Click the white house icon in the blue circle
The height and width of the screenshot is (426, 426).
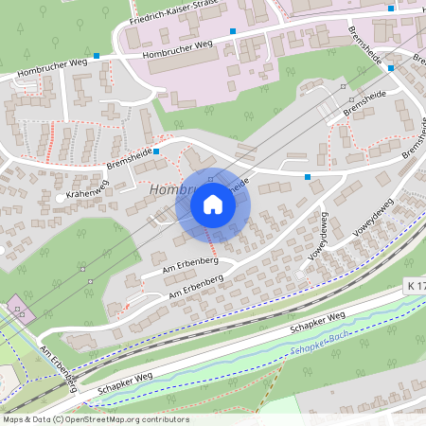(213, 204)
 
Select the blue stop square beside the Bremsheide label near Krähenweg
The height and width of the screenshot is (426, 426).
(156, 151)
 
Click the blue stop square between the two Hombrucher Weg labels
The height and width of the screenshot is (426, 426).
(96, 57)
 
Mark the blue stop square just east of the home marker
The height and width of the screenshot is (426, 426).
(308, 176)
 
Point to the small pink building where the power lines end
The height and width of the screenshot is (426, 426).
(18, 310)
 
